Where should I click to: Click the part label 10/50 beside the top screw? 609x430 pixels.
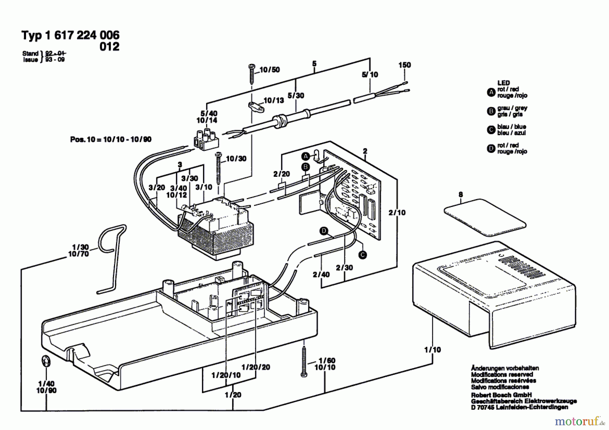pos(270,70)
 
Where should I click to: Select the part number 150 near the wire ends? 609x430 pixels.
pos(405,65)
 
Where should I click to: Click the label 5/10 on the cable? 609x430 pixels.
pos(370,75)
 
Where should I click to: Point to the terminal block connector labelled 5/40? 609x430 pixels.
pos(206,138)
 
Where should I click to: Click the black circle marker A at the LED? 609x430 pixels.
pos(306,156)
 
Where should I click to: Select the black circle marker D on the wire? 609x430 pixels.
pos(324,231)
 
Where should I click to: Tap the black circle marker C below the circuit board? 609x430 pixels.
pos(363,255)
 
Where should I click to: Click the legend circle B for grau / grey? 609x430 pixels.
pos(491,111)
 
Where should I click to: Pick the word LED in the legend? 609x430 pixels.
pos(503,83)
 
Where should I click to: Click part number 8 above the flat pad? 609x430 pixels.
pos(460,195)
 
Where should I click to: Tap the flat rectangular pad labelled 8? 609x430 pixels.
pos(485,217)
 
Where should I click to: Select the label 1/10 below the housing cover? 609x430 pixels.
pos(433,350)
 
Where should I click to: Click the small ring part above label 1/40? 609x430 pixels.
pos(46,361)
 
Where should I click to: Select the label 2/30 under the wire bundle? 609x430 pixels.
pos(344,268)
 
